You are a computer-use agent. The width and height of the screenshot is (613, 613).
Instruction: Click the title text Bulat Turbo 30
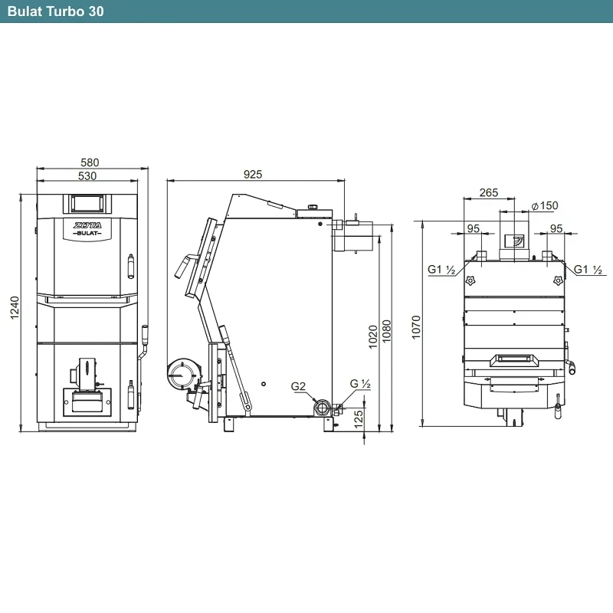point(55,11)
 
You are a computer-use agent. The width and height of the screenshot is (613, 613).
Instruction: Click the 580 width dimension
point(90,162)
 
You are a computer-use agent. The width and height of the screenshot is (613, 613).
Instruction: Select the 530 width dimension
point(87,176)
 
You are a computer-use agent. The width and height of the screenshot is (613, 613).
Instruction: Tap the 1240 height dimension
point(15,308)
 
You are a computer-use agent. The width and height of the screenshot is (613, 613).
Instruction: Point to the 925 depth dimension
point(253,175)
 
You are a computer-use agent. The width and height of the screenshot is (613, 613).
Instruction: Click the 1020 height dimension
point(373,336)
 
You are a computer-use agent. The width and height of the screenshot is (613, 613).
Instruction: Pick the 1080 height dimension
point(386,332)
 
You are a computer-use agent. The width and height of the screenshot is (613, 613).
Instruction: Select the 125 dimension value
point(358,419)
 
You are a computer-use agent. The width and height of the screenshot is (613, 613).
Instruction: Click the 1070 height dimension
point(416,327)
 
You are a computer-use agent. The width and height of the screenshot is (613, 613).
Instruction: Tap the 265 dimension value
point(489,193)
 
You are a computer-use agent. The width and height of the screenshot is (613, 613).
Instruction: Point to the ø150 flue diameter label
point(545,205)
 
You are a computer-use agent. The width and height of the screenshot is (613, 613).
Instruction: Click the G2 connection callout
point(298,387)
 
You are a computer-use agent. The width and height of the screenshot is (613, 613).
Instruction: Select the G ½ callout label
point(360,384)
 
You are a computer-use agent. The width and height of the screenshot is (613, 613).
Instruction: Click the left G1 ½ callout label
point(442,270)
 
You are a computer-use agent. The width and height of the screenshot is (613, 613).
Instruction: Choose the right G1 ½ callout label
point(588,270)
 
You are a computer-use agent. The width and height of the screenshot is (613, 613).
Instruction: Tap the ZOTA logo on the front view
point(87,225)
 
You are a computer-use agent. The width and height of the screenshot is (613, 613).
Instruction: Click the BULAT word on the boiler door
point(87,234)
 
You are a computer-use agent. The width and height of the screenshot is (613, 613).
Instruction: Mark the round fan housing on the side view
point(182,375)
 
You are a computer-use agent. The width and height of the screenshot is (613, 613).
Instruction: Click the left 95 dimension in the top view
point(473,228)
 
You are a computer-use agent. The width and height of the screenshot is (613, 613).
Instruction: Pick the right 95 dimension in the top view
point(556,228)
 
